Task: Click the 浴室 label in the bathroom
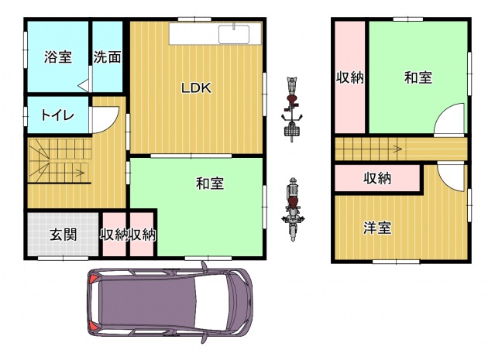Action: click(x=58, y=57)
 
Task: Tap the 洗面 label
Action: click(x=108, y=57)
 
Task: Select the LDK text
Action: click(x=196, y=88)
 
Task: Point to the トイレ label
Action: click(x=58, y=116)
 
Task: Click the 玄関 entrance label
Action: click(x=64, y=235)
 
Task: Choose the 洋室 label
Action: click(x=377, y=228)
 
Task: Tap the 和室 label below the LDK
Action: click(x=210, y=183)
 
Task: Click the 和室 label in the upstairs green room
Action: click(x=418, y=77)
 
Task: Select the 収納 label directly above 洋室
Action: click(x=377, y=179)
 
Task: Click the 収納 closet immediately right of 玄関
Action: click(x=114, y=235)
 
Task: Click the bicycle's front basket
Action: click(x=292, y=132)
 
